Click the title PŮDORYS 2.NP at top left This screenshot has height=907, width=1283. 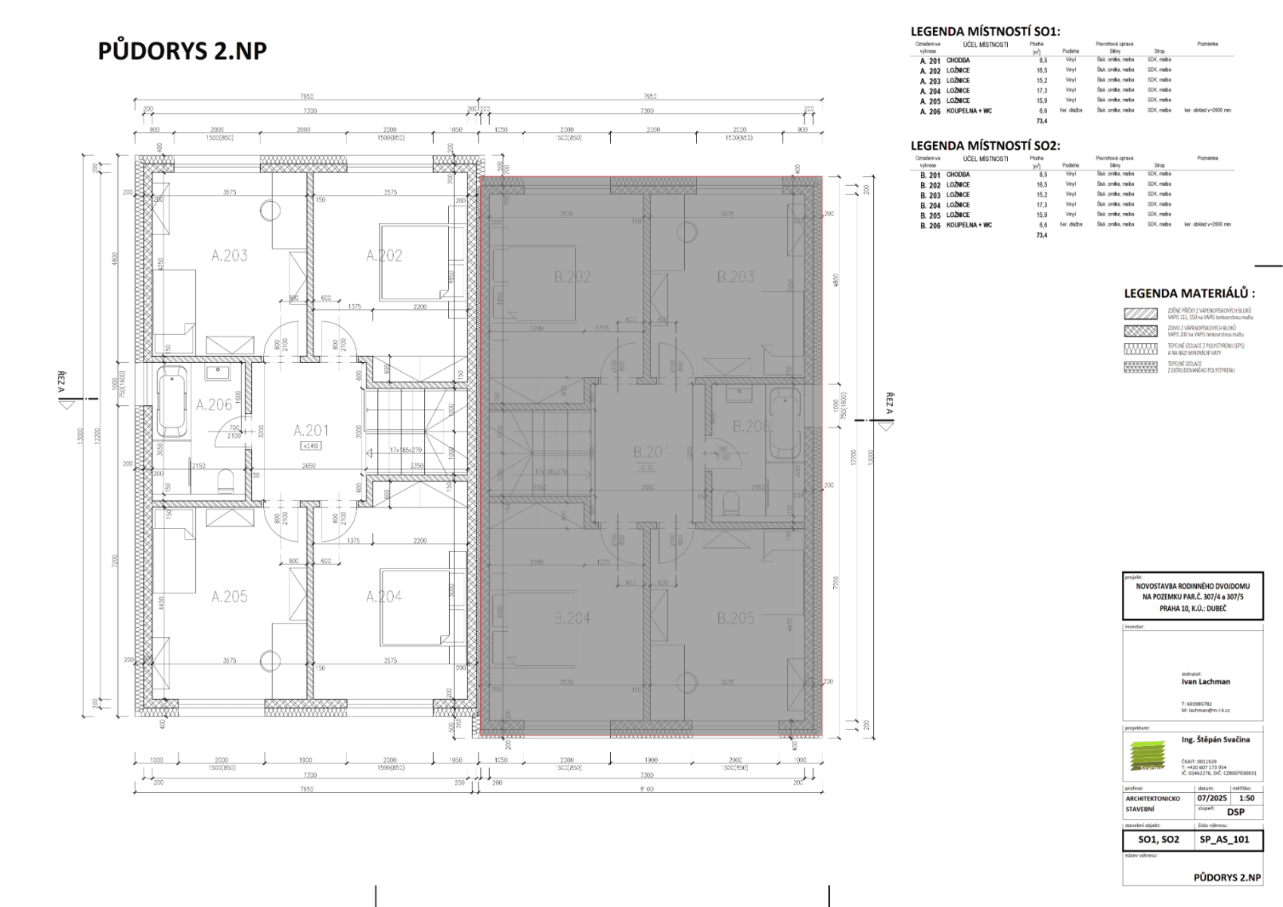[x=182, y=51]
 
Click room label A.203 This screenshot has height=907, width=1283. [x=229, y=255]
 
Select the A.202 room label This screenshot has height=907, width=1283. [x=384, y=255]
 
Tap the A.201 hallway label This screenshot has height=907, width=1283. [x=311, y=431]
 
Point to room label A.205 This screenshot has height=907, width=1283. [x=229, y=596]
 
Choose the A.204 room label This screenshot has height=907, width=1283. [x=384, y=596]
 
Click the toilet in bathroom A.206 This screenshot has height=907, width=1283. [x=225, y=481]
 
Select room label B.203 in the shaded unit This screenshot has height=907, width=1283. [x=736, y=277]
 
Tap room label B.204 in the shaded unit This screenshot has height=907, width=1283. [x=572, y=618]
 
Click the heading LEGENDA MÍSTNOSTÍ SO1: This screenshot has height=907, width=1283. [x=985, y=32]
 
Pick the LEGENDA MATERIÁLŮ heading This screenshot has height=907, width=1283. [x=1189, y=293]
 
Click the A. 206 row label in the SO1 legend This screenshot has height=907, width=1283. [x=930, y=110]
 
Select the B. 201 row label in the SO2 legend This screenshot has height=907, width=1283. [x=930, y=175]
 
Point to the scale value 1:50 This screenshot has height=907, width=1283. [x=1246, y=797]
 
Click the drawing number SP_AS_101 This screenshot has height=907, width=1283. [x=1224, y=839]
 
